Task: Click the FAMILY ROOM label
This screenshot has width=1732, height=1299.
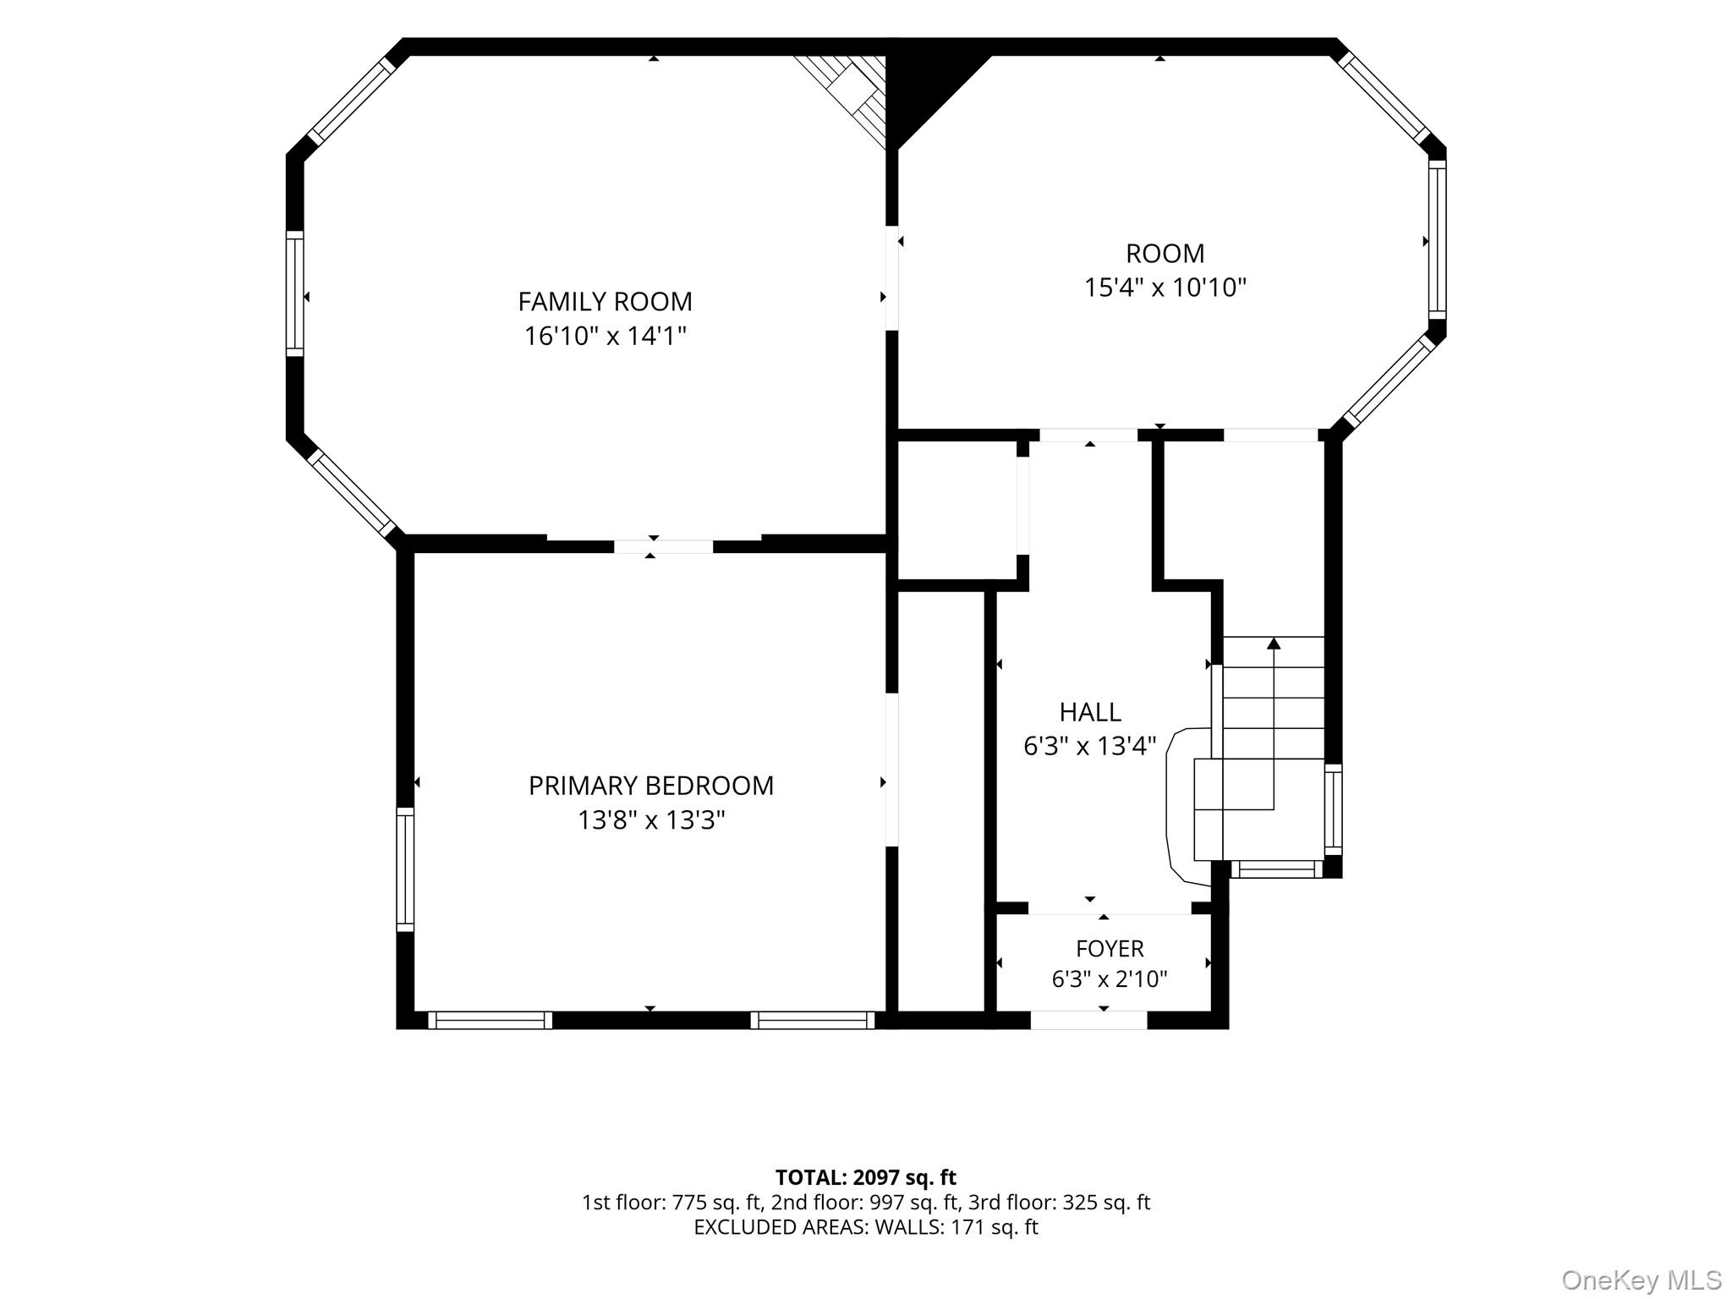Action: coord(605,302)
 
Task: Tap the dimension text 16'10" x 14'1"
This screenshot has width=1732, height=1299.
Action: coord(605,337)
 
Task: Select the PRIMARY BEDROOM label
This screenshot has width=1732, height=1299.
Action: coord(651,787)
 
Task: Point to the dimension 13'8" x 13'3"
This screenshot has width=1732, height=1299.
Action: coord(651,820)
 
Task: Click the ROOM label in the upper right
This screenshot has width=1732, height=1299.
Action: coord(1165,254)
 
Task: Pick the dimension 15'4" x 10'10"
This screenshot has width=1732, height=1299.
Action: coord(1165,288)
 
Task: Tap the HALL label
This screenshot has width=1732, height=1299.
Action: coord(1090,713)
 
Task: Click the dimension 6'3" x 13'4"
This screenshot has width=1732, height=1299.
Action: coord(1090,747)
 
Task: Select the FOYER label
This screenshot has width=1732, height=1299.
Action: coord(1110,949)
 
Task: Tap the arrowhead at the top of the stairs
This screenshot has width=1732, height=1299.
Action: coord(1274,644)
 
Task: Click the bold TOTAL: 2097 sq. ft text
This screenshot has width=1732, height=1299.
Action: coord(866,1177)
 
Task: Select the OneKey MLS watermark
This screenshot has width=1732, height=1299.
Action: coord(1642,1280)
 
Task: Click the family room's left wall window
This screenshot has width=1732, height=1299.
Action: coord(294,293)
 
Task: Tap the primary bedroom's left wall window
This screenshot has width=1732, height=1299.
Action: coord(405,869)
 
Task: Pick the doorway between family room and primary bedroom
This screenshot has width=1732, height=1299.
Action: coord(663,547)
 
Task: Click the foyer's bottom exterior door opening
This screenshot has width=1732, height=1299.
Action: coord(1088,1020)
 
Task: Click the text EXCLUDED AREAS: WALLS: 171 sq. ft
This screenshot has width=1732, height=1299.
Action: coord(866,1227)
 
